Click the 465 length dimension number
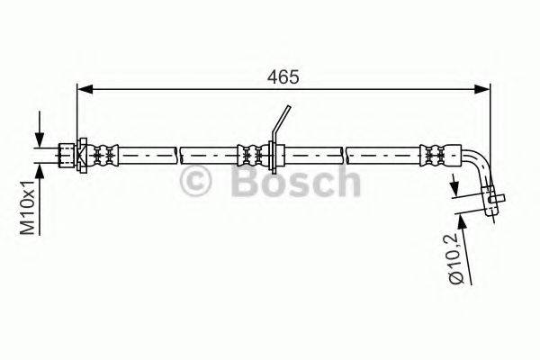[x=283, y=76]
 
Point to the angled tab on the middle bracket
[x=282, y=122]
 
